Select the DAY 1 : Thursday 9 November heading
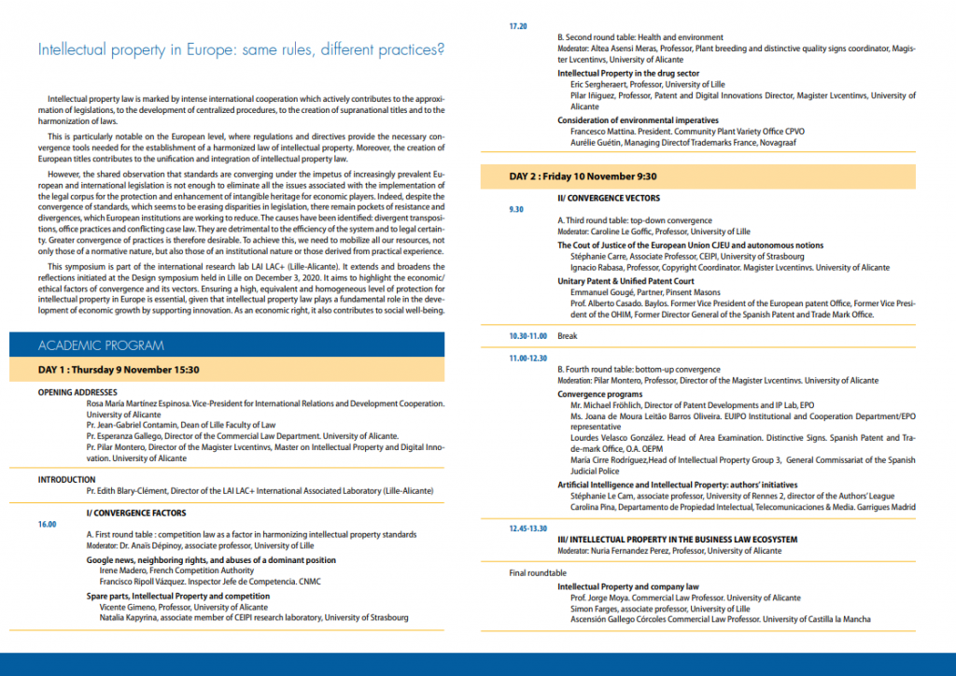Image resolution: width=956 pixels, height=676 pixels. [x=119, y=369]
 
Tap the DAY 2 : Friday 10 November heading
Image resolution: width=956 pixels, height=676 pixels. [x=583, y=176]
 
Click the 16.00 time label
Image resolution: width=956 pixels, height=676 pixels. [x=46, y=525]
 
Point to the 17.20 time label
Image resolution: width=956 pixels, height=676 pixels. [x=518, y=26]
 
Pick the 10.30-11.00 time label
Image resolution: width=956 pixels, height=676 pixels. [x=528, y=335]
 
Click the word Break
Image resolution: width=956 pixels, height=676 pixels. [x=568, y=335]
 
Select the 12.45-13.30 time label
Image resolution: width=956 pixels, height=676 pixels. [x=528, y=528]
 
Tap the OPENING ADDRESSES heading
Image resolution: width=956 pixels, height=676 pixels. [x=77, y=392]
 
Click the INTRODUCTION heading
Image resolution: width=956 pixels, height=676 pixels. [x=66, y=480]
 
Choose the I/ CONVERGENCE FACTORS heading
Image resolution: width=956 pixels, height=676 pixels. [x=136, y=513]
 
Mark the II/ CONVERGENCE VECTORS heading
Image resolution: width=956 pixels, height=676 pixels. [x=609, y=198]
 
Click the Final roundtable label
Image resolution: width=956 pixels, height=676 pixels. [x=538, y=572]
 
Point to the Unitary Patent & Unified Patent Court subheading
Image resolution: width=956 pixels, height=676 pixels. [x=626, y=281]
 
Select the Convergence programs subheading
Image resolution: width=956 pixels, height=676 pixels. [x=599, y=395]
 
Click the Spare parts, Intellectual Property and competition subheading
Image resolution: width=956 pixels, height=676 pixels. [x=178, y=596]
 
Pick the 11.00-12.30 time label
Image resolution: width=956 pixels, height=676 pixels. [x=528, y=359]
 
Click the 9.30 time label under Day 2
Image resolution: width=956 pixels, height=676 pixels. [x=516, y=210]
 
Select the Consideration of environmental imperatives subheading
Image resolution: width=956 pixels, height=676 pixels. [x=638, y=120]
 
